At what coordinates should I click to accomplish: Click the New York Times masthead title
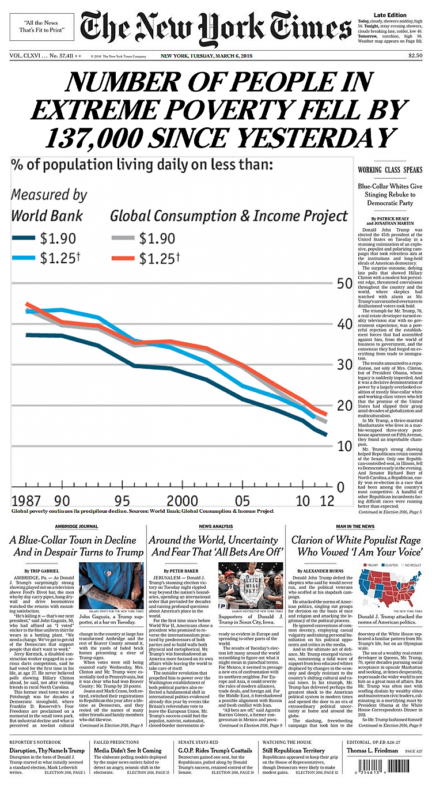point(216,27)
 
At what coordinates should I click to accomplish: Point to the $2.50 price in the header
point(415,56)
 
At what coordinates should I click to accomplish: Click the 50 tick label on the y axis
point(344,283)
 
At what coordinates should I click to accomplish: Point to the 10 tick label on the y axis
point(344,446)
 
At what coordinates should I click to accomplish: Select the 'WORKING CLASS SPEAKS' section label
point(390,170)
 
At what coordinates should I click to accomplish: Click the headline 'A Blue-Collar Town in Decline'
point(73,540)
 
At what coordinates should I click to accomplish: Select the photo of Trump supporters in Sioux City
point(251,585)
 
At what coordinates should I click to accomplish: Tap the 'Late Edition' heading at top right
point(390,14)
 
